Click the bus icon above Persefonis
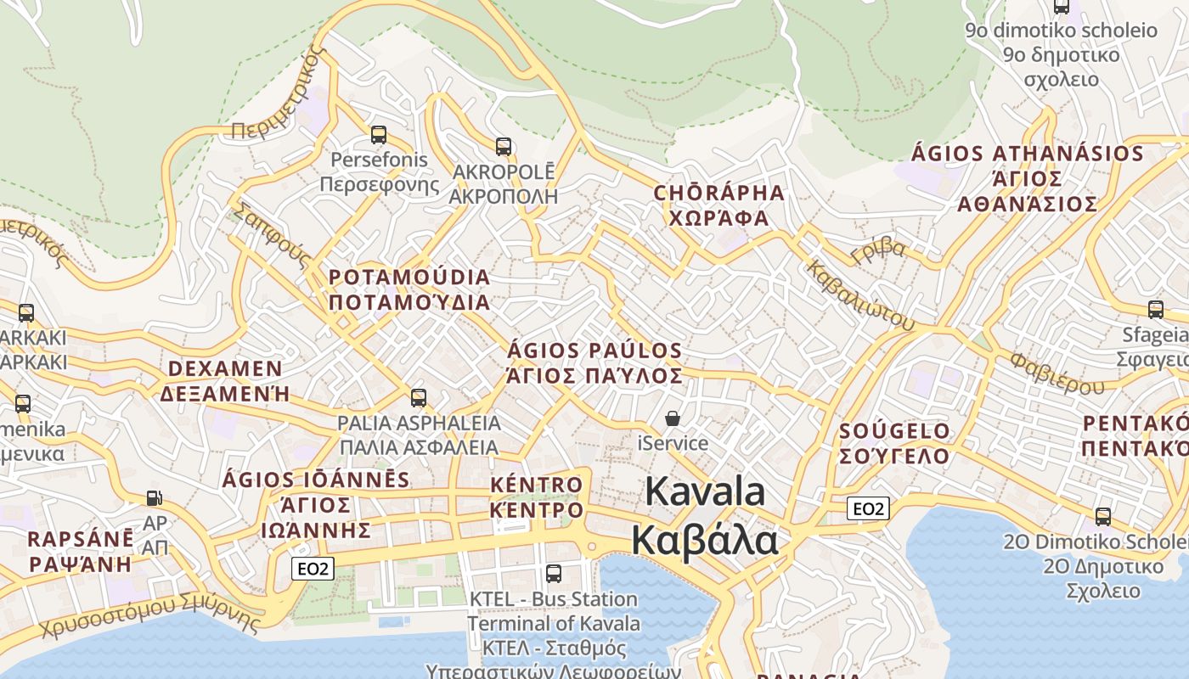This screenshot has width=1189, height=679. [x=379, y=134]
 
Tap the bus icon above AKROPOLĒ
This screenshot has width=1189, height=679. [x=504, y=146]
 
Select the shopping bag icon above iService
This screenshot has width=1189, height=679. [x=673, y=418]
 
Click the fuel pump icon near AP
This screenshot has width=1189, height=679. [x=154, y=498]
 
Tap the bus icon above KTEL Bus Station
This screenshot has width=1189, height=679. [x=554, y=573]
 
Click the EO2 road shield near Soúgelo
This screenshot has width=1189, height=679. [x=868, y=508]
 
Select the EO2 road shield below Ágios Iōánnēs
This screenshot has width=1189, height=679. [x=313, y=568]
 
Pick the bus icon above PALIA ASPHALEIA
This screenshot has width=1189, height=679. [x=418, y=397]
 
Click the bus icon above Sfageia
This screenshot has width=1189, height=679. [x=1155, y=309]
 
